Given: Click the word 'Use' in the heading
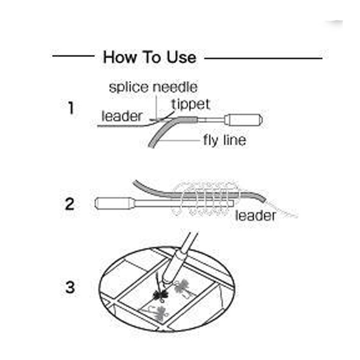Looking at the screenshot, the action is pyautogui.click(x=181, y=57).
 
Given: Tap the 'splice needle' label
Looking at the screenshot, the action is pyautogui.click(x=153, y=88).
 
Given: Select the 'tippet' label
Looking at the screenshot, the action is pyautogui.click(x=191, y=104).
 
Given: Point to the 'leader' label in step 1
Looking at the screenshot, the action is pyautogui.click(x=122, y=116).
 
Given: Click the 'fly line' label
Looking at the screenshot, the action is pyautogui.click(x=225, y=140).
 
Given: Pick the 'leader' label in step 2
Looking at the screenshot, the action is pyautogui.click(x=255, y=216).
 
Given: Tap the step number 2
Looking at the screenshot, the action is pyautogui.click(x=70, y=204).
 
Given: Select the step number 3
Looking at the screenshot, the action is pyautogui.click(x=70, y=287).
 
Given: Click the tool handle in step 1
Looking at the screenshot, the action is pyautogui.click(x=243, y=120).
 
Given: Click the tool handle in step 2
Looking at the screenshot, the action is pyautogui.click(x=114, y=203).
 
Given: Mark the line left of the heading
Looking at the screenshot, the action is pyautogui.click(x=73, y=56).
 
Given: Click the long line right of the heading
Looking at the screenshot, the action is pyautogui.click(x=263, y=58).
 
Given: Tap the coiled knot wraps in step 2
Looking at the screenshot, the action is pyautogui.click(x=205, y=198).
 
